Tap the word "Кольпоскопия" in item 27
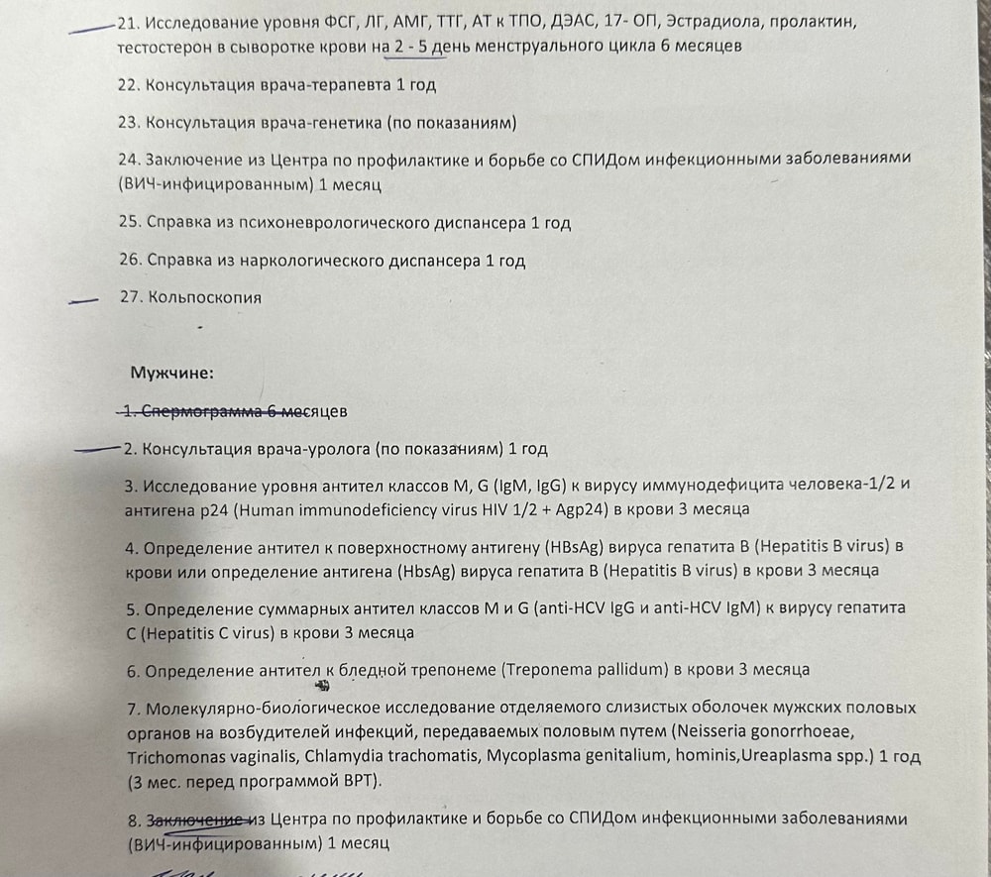(205, 297)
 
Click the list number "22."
(128, 85)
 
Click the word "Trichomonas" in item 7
(172, 757)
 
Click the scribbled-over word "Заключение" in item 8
(195, 821)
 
